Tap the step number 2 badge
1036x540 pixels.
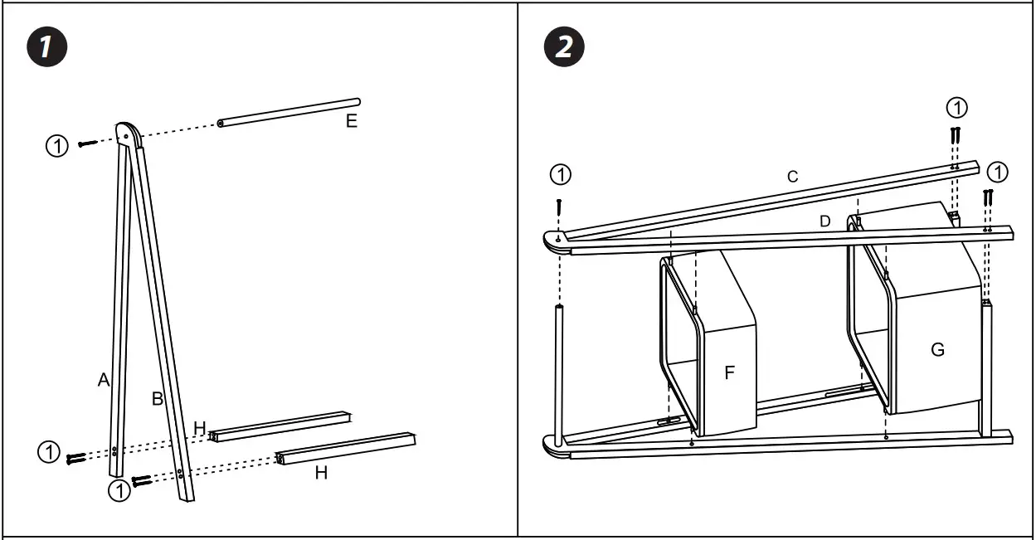(x=564, y=47)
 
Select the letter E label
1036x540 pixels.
(x=352, y=122)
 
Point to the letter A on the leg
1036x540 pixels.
(x=104, y=380)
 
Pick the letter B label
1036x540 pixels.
(x=158, y=398)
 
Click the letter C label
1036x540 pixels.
(x=792, y=176)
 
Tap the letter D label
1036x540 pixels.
(x=824, y=221)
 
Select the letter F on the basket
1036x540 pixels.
(x=730, y=372)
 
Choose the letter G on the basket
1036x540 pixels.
(x=937, y=349)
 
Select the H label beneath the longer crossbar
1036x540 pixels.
(x=321, y=473)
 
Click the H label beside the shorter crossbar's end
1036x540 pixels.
(x=200, y=427)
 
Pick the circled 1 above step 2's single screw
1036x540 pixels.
(x=562, y=174)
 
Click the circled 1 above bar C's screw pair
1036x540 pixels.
(x=957, y=107)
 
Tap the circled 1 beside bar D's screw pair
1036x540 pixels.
(x=999, y=172)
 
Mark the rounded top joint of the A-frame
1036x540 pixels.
(x=128, y=133)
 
